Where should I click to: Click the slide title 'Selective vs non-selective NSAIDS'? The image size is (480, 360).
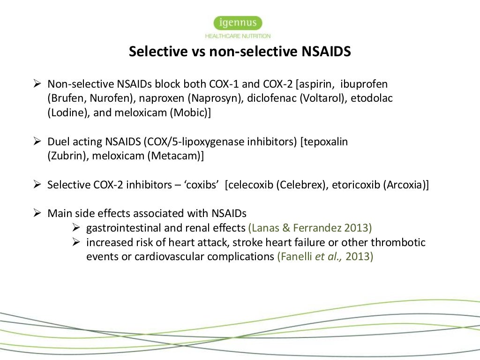point(240,52)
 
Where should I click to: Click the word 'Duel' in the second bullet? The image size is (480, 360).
point(58,142)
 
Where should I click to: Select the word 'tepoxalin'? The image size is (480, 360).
point(327,142)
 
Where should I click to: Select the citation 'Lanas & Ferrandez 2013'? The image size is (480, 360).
point(310,228)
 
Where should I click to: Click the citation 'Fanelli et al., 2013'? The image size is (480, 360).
point(325,257)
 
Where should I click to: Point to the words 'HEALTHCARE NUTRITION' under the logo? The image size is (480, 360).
point(238,36)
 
